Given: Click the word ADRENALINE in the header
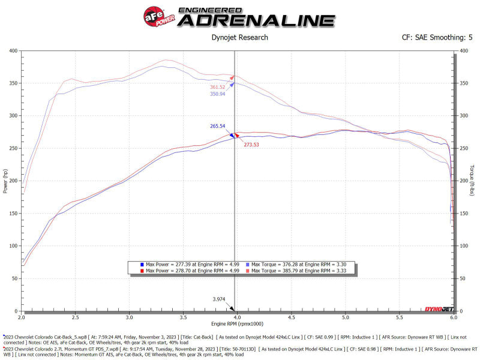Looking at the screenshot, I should pos(258,20).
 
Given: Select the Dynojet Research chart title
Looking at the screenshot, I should pos(240,37).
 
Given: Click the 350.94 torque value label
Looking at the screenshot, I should pos(218,94).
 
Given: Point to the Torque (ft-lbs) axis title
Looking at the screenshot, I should pos(472,180).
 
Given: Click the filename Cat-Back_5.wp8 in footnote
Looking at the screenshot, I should pos(77,337).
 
